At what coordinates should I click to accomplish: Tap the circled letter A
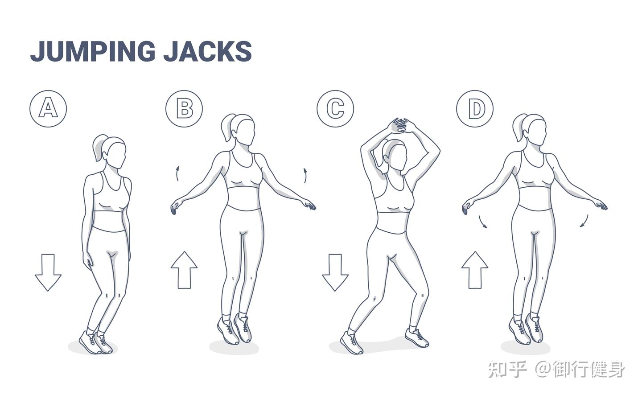point(48,109)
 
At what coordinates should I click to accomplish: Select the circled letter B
point(184,109)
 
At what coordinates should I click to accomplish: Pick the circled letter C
point(335,109)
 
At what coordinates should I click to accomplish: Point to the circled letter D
point(475,109)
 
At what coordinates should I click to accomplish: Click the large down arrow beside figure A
point(48,272)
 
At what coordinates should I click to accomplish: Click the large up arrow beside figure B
point(184,270)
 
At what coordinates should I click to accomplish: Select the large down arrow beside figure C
point(335,272)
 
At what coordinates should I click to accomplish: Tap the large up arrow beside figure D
point(475,270)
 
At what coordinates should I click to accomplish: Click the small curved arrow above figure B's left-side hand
point(178,174)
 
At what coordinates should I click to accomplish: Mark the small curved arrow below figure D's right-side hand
point(584,221)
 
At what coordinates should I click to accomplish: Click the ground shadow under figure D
point(525,348)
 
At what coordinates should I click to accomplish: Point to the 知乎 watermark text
point(507,369)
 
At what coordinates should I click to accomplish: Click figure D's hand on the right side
point(601,206)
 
